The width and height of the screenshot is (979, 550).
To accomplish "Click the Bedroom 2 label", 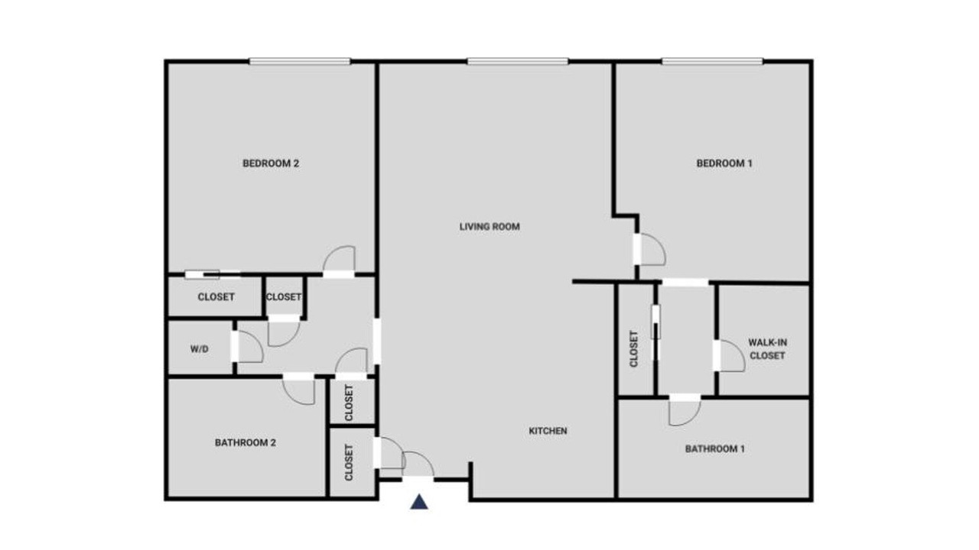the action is (x=271, y=163).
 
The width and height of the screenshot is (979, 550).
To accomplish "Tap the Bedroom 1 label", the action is (x=724, y=163).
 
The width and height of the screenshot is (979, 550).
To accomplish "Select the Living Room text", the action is (x=489, y=227).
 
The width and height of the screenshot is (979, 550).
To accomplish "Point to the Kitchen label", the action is (x=548, y=431).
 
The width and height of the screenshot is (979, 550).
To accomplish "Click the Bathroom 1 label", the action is (x=714, y=448).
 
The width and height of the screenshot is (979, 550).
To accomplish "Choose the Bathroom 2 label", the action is (x=246, y=442).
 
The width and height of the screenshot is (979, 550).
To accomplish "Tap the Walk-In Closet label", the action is (x=767, y=349).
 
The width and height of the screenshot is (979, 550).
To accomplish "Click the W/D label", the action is (x=200, y=349).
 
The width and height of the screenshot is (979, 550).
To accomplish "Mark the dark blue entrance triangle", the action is (x=419, y=502).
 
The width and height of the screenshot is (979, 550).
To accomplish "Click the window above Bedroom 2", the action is (x=300, y=62).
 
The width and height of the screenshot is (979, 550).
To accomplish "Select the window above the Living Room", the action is (x=518, y=62).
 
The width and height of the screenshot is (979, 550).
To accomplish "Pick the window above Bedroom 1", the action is (x=712, y=62).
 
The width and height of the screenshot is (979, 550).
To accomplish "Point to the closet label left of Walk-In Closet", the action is (x=634, y=349).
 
